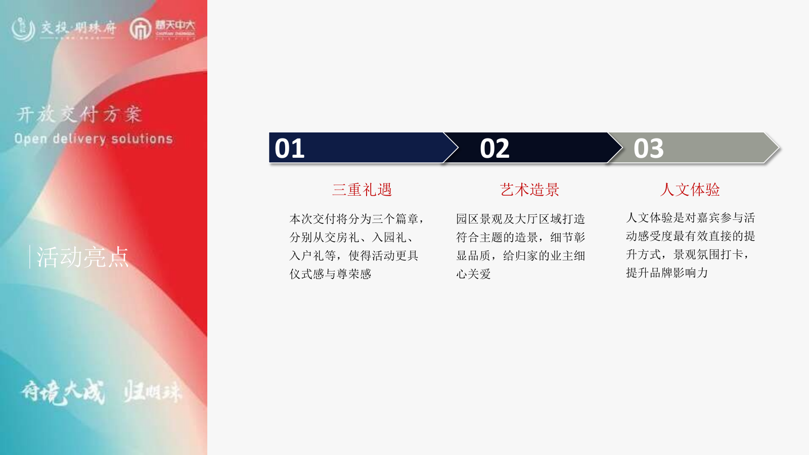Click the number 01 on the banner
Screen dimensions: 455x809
click(x=289, y=149)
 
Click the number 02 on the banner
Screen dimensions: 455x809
click(x=495, y=149)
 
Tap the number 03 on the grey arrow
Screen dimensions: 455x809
click(x=648, y=149)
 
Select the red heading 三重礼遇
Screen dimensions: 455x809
click(x=362, y=190)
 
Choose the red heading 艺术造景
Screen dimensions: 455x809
click(x=529, y=190)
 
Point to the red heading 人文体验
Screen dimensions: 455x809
click(x=690, y=190)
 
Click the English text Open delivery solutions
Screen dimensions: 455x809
click(x=94, y=139)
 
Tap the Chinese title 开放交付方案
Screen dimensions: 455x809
click(x=79, y=114)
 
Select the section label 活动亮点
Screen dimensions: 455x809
click(x=83, y=257)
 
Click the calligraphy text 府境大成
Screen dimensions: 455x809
click(x=63, y=392)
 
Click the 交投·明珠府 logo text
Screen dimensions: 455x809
click(x=78, y=28)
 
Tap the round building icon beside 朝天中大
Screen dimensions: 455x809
click(x=140, y=29)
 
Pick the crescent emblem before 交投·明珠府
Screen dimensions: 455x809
click(x=23, y=29)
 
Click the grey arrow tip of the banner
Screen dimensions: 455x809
click(x=773, y=148)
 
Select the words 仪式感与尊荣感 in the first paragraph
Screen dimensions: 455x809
click(x=330, y=274)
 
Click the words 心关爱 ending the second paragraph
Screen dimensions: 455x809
click(x=473, y=274)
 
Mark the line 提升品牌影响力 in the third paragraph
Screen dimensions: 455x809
click(x=667, y=273)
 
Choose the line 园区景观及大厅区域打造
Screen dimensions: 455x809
click(x=520, y=219)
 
